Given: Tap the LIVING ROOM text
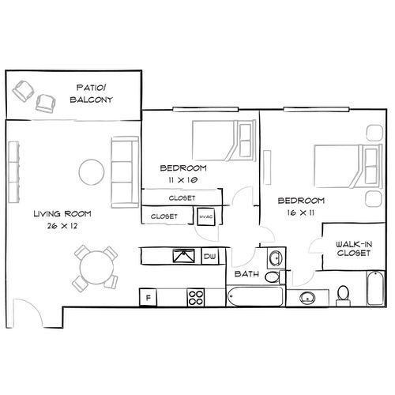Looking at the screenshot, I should tap(62, 213).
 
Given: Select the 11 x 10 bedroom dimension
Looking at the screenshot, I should tap(182, 180).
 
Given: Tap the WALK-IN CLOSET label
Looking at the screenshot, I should tap(353, 250).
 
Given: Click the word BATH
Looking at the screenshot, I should tap(247, 273).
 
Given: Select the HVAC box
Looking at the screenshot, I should tap(206, 216).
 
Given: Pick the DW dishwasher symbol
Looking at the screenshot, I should tap(210, 257).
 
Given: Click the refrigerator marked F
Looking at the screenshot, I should tap(147, 297).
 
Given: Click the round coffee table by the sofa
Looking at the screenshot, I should tap(91, 170).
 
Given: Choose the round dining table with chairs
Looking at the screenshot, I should tap(94, 268).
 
